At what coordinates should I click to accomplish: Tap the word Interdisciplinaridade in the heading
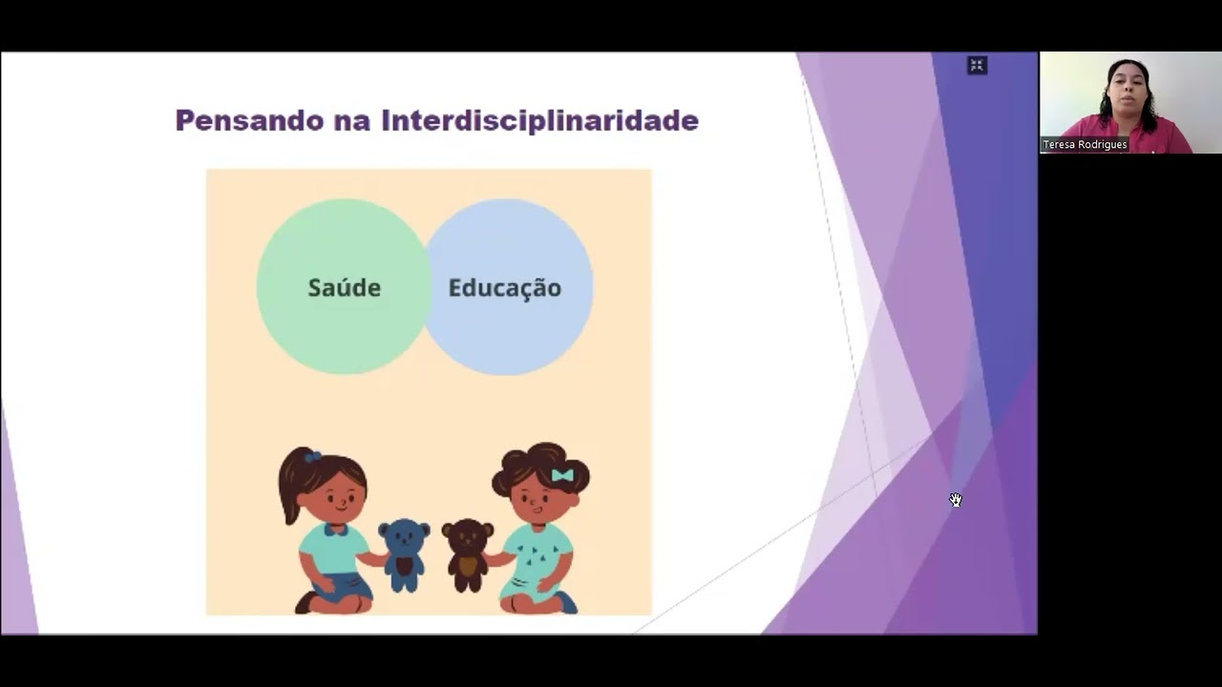[539, 121]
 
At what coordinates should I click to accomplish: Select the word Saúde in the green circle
[344, 287]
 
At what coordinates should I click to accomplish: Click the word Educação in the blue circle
[504, 287]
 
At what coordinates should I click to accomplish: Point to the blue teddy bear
[404, 554]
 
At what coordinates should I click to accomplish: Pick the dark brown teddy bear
[468, 554]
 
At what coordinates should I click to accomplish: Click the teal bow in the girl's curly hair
[562, 475]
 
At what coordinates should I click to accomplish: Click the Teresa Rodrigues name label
[1085, 145]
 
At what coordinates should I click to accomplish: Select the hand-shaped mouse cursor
[956, 500]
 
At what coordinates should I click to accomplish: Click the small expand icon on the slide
[977, 65]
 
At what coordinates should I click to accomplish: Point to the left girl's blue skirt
[346, 585]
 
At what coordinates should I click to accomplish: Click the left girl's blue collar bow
[334, 529]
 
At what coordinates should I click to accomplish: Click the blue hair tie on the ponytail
[312, 457]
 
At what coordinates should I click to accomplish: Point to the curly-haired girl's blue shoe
[567, 603]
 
